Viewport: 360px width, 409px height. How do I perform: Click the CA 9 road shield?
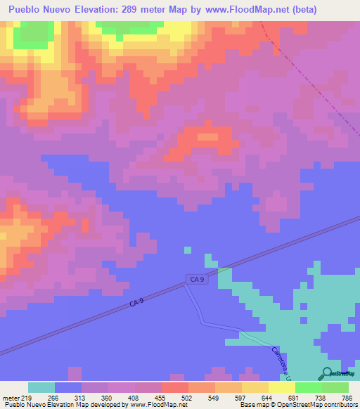point(198,280)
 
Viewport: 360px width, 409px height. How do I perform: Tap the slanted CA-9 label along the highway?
point(137,302)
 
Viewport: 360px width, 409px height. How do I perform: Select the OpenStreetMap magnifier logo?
point(327,373)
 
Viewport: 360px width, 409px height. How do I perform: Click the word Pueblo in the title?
point(25,10)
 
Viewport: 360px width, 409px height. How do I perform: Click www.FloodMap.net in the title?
point(243,10)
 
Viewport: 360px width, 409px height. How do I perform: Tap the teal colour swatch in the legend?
point(41,387)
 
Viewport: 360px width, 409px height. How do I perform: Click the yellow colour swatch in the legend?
point(281,387)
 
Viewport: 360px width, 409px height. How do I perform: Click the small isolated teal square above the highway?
point(188,249)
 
